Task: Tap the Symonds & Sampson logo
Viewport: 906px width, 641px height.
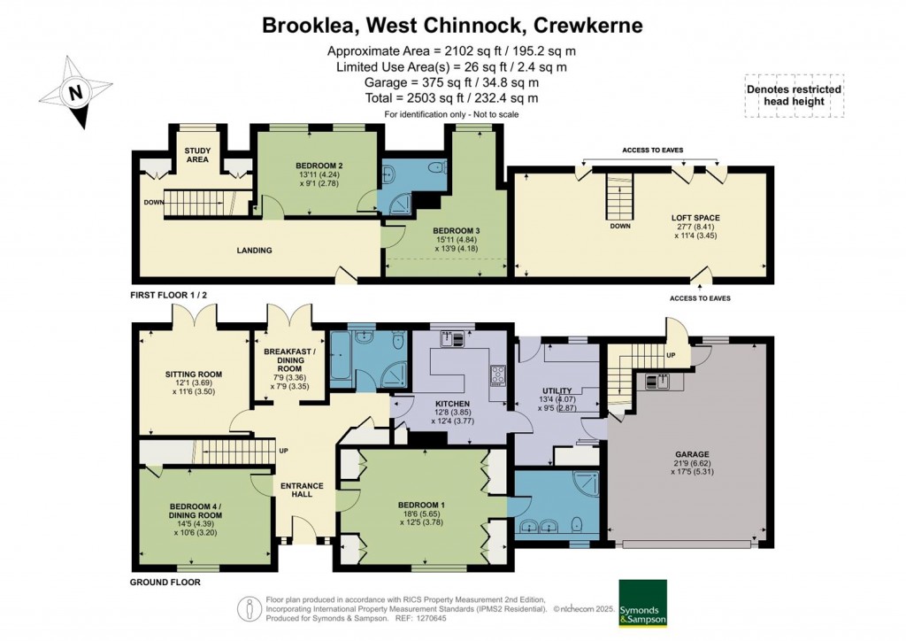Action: click(x=641, y=604)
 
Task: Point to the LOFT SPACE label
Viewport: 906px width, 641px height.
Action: click(x=695, y=217)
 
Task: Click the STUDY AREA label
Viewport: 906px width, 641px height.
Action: click(x=197, y=155)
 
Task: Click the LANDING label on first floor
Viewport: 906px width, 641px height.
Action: click(x=255, y=251)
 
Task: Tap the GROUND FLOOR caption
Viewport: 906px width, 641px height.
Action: click(x=165, y=583)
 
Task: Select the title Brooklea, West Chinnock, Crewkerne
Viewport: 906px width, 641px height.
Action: click(x=452, y=25)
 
